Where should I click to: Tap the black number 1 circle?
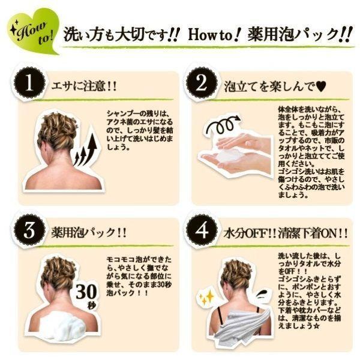coord(29,83)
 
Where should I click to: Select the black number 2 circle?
coord(202,83)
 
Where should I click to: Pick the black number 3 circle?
coord(29,230)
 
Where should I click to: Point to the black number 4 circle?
coord(202,230)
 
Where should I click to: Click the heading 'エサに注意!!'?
coord(84,86)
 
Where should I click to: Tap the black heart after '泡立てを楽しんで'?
coord(321,87)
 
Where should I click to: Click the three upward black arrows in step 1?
coord(85,149)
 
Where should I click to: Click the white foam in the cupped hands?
coord(227,157)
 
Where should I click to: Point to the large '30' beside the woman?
coord(86,292)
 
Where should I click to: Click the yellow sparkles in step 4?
coord(206,298)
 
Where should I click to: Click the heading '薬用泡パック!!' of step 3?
coord(89,233)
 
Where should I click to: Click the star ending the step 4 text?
coord(316,326)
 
